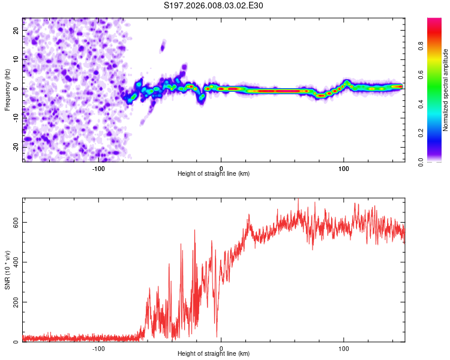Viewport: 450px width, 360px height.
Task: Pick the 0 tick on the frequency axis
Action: point(16,89)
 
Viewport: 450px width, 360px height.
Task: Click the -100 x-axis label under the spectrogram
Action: point(98,168)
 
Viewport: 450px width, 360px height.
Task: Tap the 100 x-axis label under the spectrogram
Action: point(344,168)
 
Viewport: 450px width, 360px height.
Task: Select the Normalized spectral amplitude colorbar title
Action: point(446,90)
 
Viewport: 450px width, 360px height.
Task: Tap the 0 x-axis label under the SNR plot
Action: point(221,348)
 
